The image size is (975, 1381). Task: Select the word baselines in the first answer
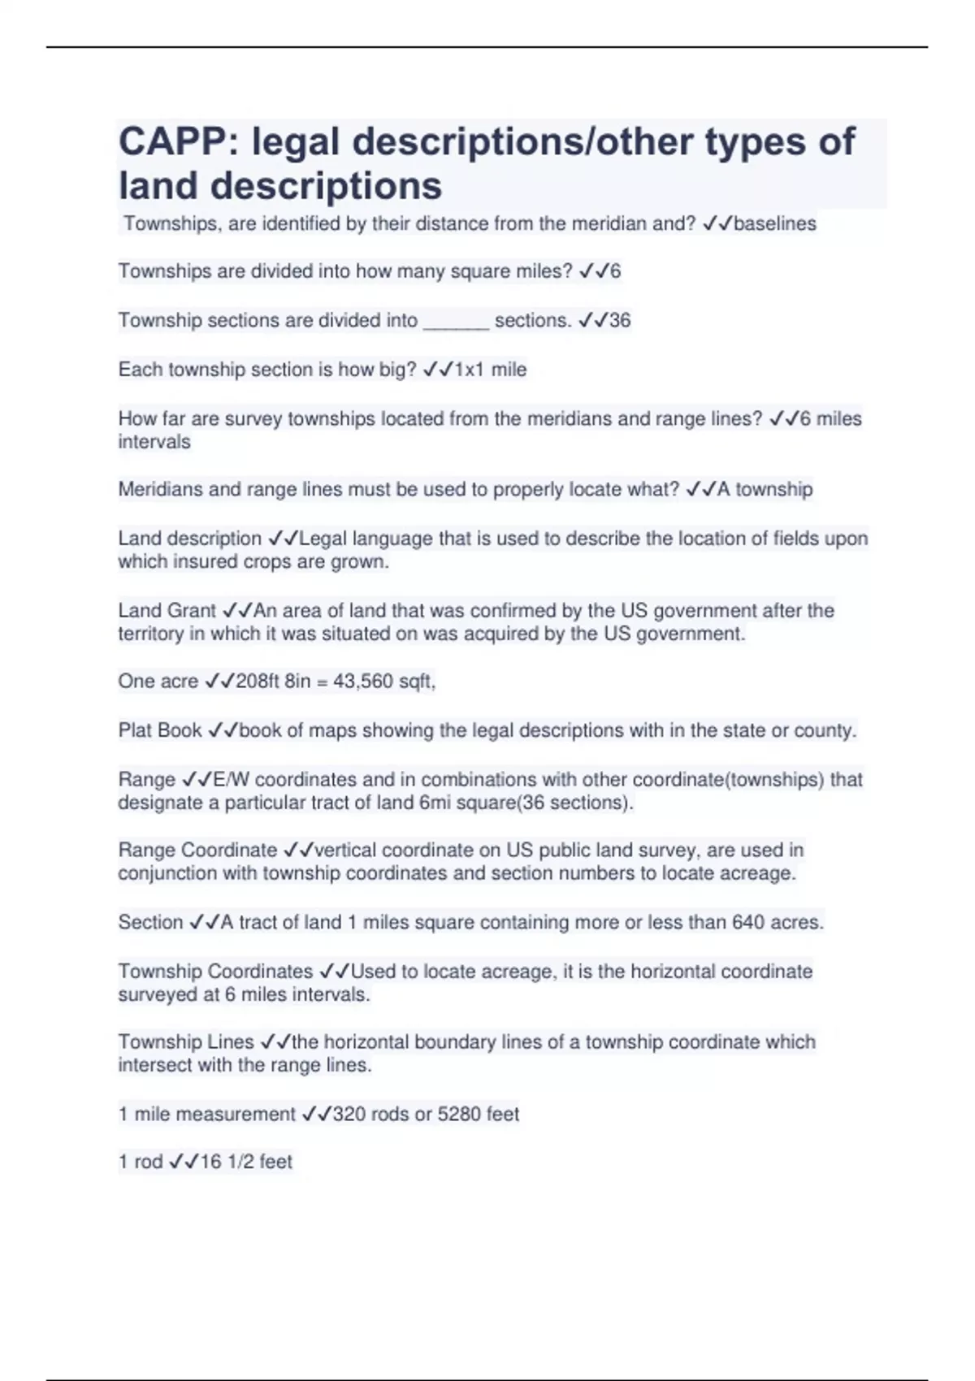[x=775, y=223]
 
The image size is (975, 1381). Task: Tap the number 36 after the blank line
[x=620, y=320]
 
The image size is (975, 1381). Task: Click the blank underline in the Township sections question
[x=456, y=323]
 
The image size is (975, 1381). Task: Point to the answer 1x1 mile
[x=491, y=370]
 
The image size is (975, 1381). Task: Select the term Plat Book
[x=160, y=730]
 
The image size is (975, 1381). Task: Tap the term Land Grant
[x=167, y=610]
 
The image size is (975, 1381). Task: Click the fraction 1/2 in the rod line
[x=240, y=1162]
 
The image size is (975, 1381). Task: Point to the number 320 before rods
[x=349, y=1114]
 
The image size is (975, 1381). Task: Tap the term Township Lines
[x=186, y=1041]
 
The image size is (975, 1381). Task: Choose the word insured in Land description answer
[x=203, y=561]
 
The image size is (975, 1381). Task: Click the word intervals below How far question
[x=154, y=442]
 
